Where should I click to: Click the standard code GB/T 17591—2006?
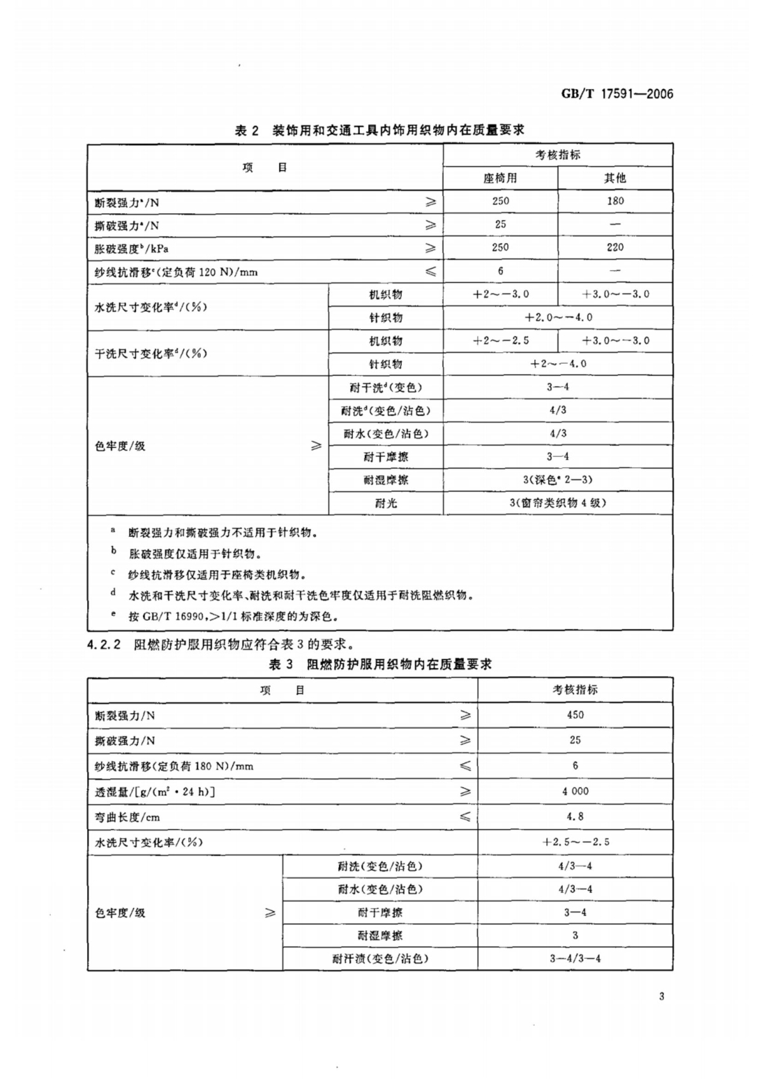tap(616, 94)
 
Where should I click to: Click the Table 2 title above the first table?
tap(380, 130)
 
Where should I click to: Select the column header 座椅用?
tap(500, 178)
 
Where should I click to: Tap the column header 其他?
tap(615, 178)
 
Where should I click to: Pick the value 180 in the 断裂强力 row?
tap(615, 201)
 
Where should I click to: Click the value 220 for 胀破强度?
tap(615, 247)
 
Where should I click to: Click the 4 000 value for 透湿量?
tap(575, 791)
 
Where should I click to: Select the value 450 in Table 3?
tap(575, 715)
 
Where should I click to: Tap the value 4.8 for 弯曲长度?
tap(575, 817)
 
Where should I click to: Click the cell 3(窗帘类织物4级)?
tap(558, 503)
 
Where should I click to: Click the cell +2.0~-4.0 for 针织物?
tap(558, 317)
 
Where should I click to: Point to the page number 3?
tap(661, 996)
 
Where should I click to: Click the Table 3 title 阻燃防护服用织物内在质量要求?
tap(380, 665)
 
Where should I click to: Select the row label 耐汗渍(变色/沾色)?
tap(380, 959)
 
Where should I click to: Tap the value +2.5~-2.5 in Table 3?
tap(575, 842)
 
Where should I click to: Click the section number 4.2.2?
tap(104, 644)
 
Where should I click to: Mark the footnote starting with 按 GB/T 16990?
tap(233, 616)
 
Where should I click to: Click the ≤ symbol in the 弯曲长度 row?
tap(465, 817)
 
